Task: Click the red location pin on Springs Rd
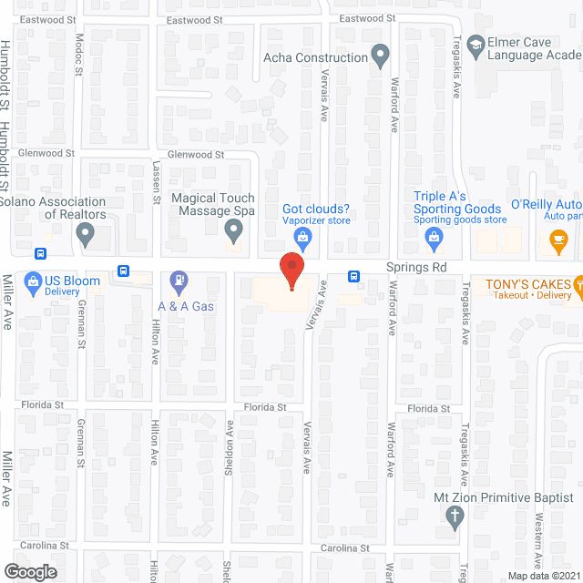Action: [x=291, y=271]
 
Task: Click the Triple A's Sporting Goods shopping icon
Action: [x=434, y=239]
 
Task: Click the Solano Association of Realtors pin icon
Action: [x=86, y=237]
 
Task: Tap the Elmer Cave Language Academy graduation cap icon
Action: [x=475, y=44]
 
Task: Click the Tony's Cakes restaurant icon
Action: [x=578, y=284]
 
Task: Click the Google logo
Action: [x=30, y=571]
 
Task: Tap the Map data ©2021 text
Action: [x=542, y=576]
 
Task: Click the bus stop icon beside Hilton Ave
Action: [x=122, y=270]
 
